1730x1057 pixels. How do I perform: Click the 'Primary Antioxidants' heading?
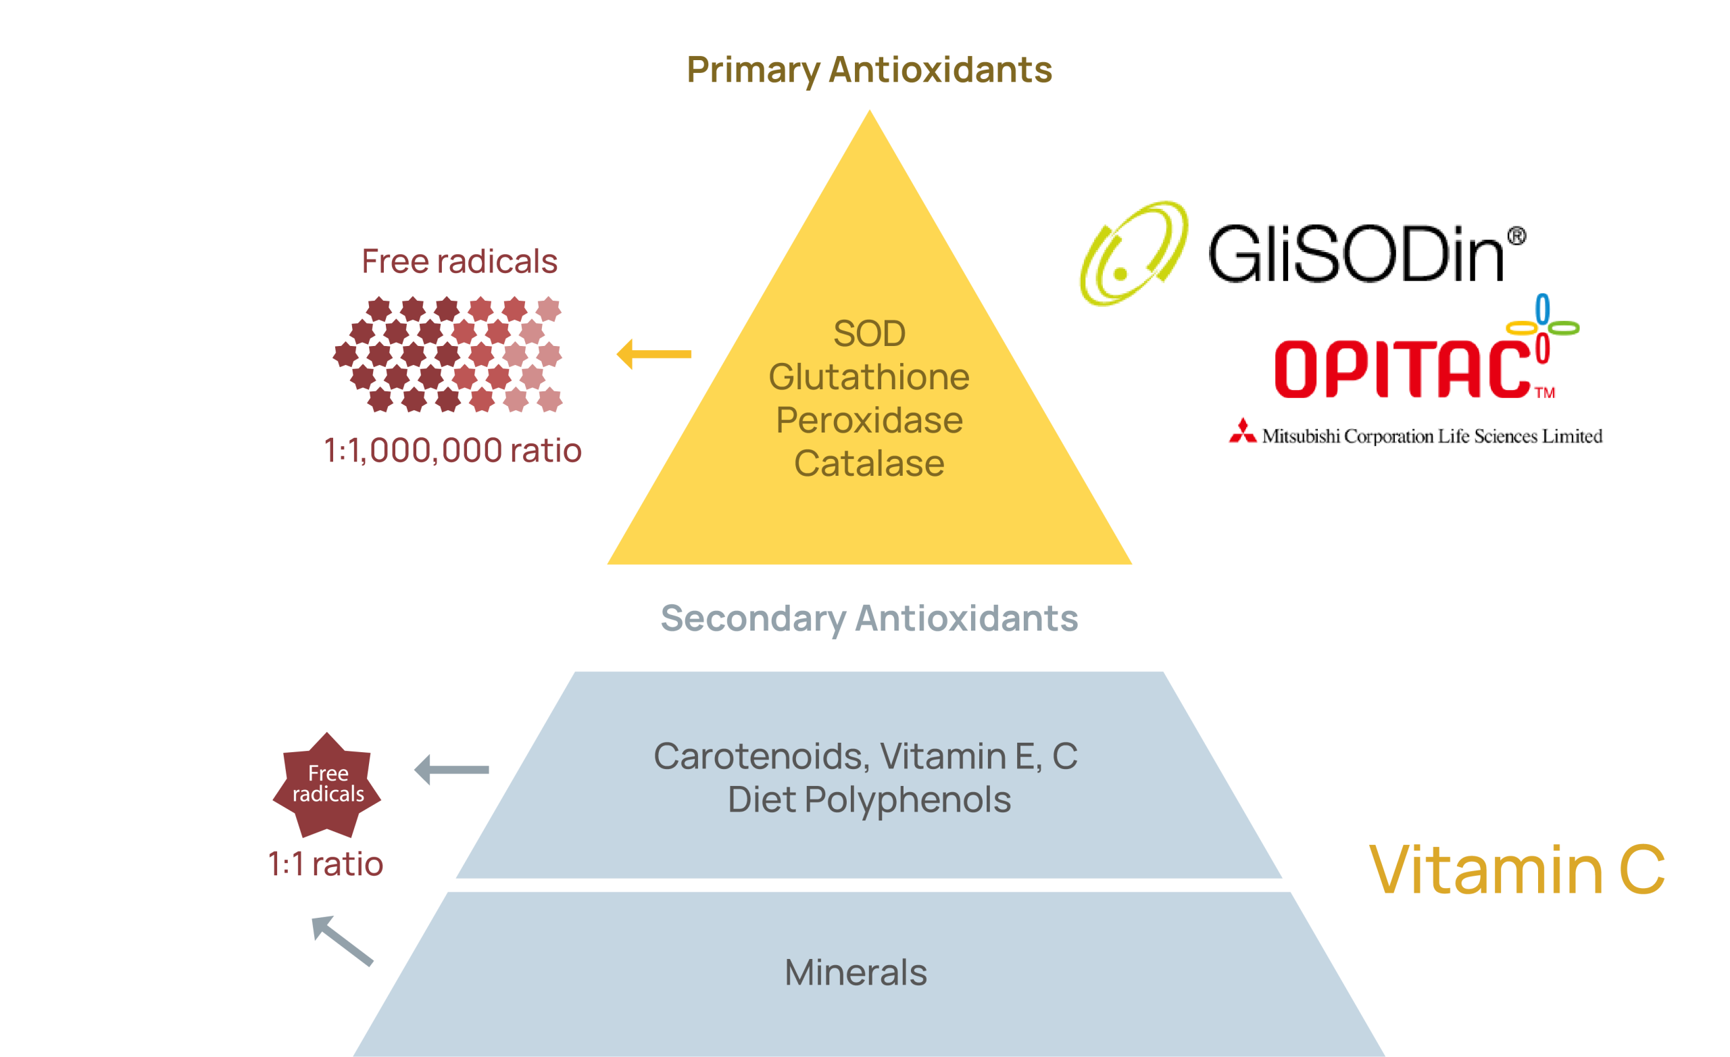[869, 70]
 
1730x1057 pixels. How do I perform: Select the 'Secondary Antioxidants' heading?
[868, 619]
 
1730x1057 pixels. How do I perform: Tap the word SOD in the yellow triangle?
[869, 334]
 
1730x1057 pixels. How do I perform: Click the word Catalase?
[869, 464]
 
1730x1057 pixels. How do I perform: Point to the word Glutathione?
[869, 377]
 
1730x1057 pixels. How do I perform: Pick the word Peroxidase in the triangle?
[869, 420]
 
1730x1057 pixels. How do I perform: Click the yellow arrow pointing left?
[653, 354]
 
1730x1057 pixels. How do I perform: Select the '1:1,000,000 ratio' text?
[452, 450]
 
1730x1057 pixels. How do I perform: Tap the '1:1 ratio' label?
[326, 864]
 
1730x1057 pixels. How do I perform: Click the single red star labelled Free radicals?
[327, 785]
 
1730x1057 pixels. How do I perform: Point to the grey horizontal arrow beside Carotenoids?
[451, 770]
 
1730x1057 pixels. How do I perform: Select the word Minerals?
[855, 973]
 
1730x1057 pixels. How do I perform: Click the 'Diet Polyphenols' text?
[869, 800]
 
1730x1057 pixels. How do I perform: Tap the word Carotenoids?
[761, 756]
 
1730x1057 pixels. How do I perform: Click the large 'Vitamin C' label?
[1517, 870]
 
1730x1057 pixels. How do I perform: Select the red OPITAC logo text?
[1403, 369]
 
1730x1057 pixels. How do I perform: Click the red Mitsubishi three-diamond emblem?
[1243, 432]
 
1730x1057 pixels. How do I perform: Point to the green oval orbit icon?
[1133, 253]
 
